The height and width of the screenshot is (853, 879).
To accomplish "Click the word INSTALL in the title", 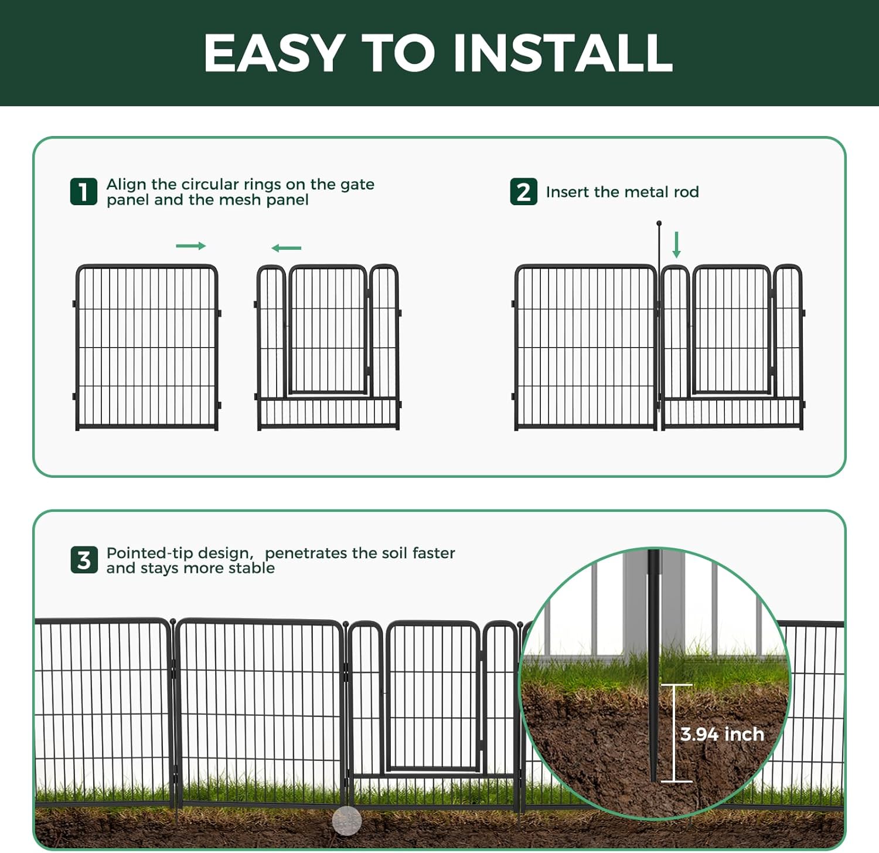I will [x=563, y=53].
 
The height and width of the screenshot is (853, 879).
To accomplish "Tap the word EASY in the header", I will [x=274, y=53].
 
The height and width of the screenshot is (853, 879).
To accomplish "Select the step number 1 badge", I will [x=84, y=192].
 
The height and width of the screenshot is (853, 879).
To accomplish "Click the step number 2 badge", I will [x=523, y=192].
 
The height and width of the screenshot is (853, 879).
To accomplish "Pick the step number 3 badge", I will [x=84, y=560].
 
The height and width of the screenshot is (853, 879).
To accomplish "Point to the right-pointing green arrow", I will [x=191, y=246].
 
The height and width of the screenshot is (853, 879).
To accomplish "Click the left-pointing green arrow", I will [x=286, y=248].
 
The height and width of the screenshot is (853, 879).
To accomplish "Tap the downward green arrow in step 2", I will [x=676, y=244].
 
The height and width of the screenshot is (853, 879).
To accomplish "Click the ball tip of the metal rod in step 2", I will [x=659, y=223].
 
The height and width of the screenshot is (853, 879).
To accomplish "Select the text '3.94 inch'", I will [x=722, y=734].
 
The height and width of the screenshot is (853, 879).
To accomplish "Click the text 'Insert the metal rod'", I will [x=622, y=192].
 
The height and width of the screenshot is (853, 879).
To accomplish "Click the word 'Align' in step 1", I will [x=126, y=184].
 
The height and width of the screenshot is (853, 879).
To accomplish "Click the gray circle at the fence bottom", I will [x=347, y=821].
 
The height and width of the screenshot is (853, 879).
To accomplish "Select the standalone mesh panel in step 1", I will [x=146, y=347].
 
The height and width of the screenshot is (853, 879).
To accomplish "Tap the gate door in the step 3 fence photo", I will [x=433, y=698].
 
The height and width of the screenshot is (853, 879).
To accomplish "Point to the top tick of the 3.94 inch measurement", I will [x=677, y=685].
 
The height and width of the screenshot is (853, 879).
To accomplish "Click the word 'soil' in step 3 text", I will [x=395, y=553].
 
